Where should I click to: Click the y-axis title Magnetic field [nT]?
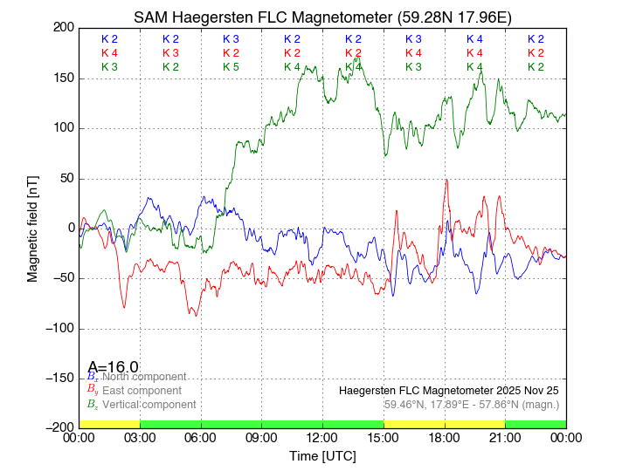[x=32, y=227]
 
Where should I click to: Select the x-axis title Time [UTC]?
[x=322, y=456]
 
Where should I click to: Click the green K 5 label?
[x=231, y=66]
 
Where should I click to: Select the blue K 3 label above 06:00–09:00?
[x=231, y=39]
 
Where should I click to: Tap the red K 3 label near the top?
[x=170, y=53]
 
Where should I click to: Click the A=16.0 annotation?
[x=113, y=367]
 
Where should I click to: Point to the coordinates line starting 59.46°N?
[x=471, y=405]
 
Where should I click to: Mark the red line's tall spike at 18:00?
[x=447, y=181]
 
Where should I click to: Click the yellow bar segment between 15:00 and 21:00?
[x=445, y=423]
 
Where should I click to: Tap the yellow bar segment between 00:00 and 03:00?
[x=109, y=423]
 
